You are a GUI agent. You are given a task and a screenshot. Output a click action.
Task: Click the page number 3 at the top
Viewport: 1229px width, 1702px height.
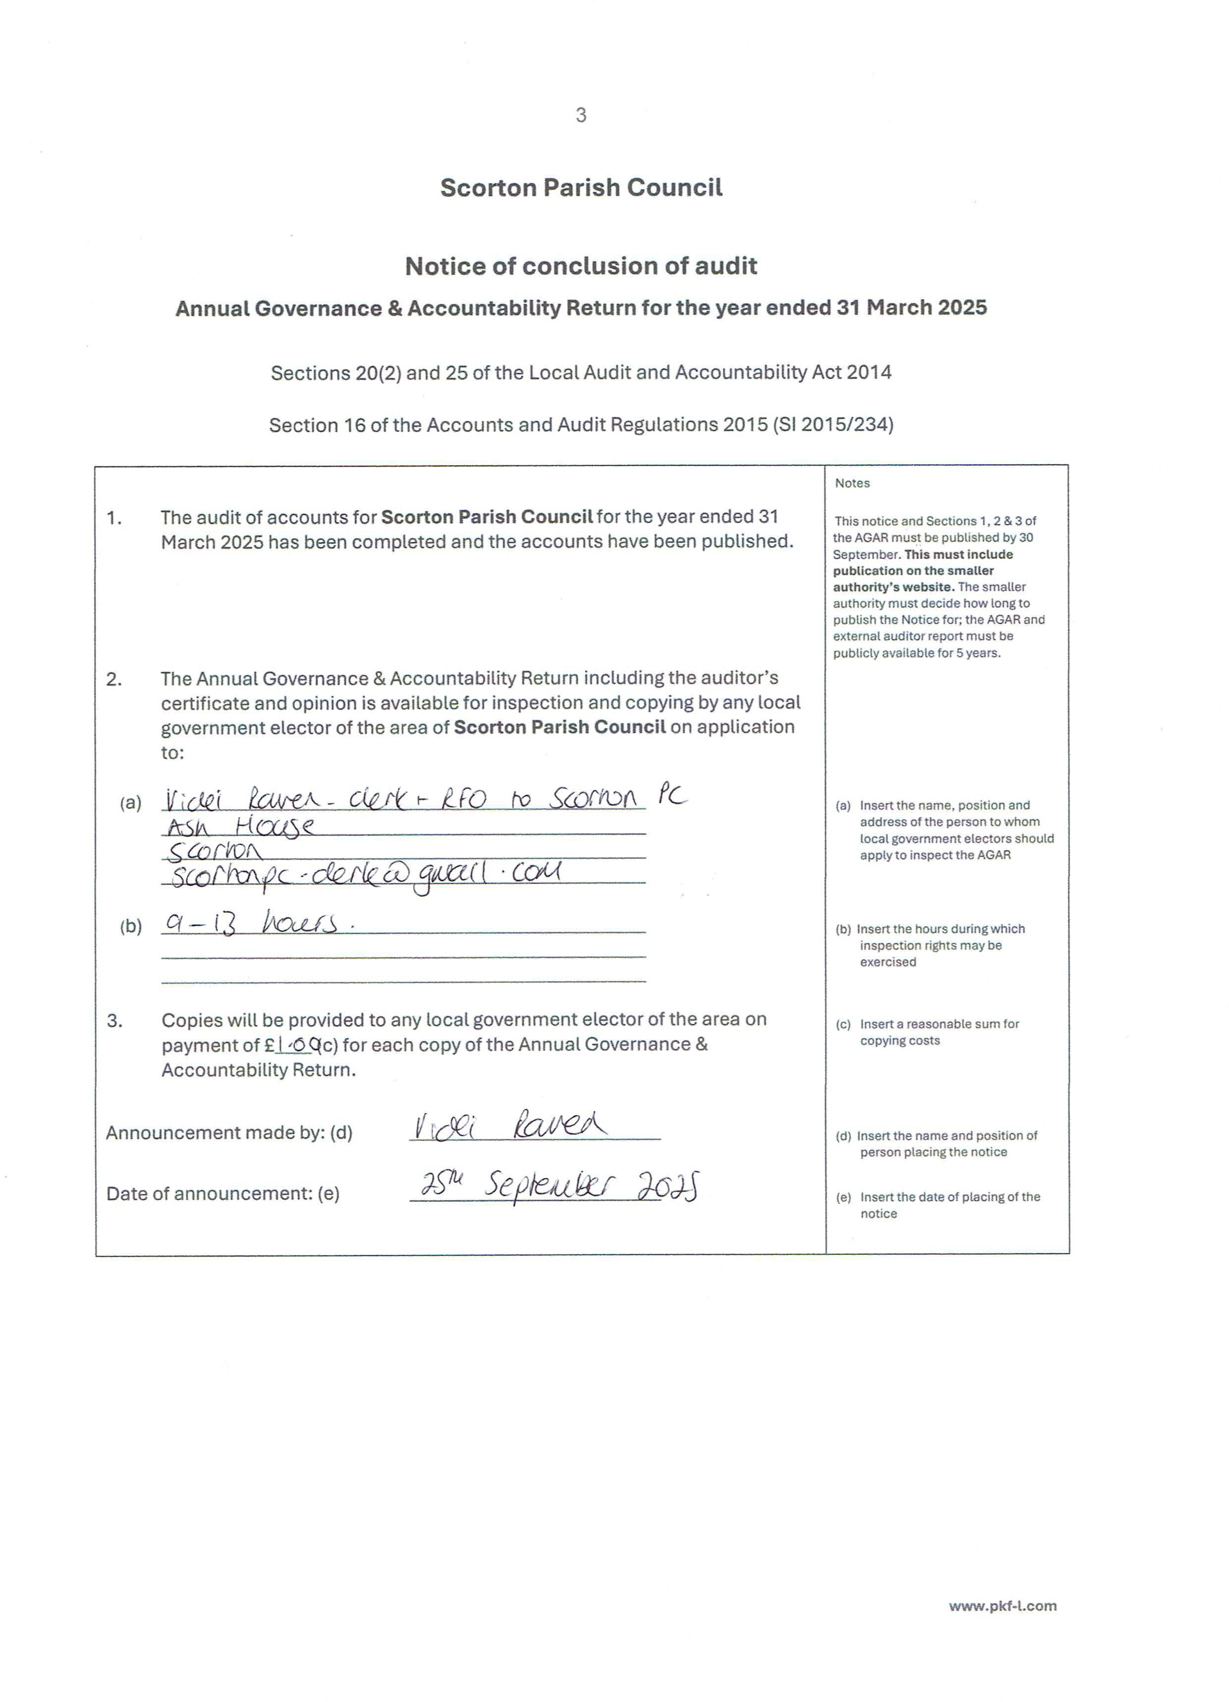(581, 115)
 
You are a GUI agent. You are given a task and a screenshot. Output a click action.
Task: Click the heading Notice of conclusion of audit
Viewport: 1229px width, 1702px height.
(581, 266)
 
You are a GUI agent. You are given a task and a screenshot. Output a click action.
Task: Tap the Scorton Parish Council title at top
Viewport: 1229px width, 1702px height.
(581, 187)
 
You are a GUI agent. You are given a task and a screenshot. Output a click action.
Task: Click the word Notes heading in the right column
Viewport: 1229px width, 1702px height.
(852, 483)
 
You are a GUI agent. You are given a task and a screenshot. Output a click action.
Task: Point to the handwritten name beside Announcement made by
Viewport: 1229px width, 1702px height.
(510, 1126)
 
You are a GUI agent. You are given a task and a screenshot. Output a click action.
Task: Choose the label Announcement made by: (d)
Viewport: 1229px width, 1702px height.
(229, 1132)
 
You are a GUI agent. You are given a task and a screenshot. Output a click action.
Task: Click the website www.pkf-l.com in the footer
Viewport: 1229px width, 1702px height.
(1003, 1606)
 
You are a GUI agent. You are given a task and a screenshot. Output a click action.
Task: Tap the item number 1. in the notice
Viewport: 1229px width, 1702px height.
(114, 518)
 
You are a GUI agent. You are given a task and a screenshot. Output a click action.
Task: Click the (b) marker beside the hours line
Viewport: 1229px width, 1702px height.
(130, 926)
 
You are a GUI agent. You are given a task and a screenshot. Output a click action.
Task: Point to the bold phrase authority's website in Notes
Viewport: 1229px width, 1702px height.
(894, 587)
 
